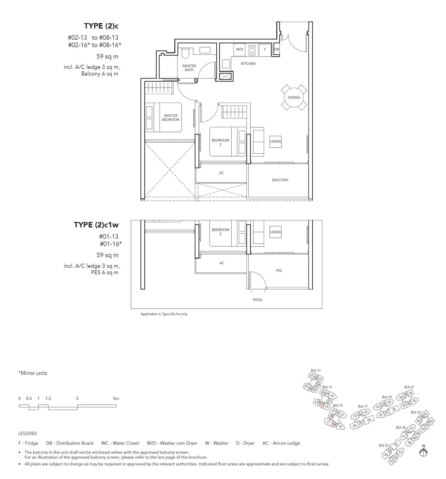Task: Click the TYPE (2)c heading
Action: (101, 26)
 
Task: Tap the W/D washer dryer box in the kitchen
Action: (240, 49)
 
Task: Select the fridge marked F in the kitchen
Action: (265, 49)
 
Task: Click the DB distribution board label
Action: (276, 49)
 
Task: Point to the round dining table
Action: (294, 97)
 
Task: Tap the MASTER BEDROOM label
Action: (171, 117)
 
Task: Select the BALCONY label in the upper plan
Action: (280, 180)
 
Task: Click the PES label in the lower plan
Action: (279, 271)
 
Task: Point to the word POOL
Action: (258, 300)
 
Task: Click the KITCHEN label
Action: (248, 64)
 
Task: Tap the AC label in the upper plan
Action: (221, 173)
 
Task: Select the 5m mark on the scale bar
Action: (116, 399)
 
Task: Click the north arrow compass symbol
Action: (424, 452)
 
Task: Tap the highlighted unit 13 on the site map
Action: (322, 405)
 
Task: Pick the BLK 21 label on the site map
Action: (409, 387)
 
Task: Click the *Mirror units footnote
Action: (33, 373)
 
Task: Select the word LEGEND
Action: (28, 434)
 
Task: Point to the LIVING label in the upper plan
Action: (275, 141)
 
